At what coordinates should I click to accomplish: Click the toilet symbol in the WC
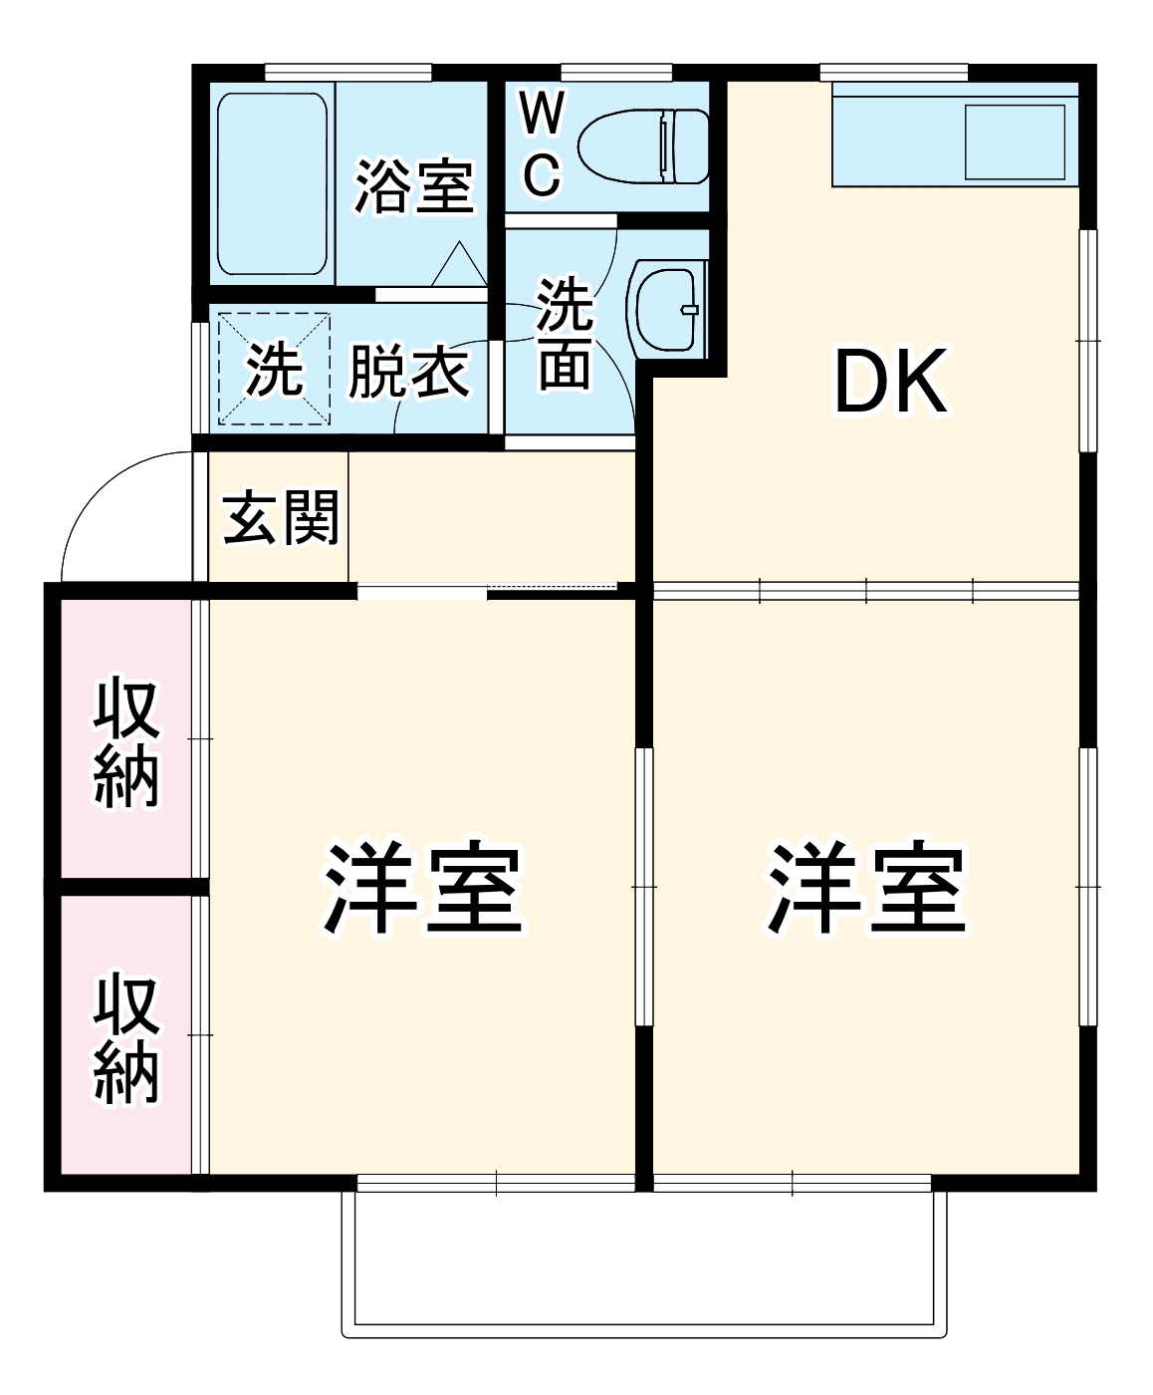click(x=643, y=145)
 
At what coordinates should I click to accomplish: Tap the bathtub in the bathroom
click(x=272, y=184)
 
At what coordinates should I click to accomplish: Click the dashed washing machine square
click(x=274, y=368)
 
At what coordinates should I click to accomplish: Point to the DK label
click(x=890, y=383)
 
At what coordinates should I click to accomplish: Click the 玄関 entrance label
click(x=281, y=518)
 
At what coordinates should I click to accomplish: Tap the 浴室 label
click(x=413, y=186)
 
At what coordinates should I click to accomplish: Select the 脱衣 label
click(x=408, y=373)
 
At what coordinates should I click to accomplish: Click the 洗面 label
click(x=565, y=334)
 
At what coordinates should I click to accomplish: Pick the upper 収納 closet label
click(x=126, y=742)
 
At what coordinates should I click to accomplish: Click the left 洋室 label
click(x=423, y=889)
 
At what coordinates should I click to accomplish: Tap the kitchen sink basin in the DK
click(x=1014, y=141)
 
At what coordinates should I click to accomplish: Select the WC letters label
click(x=542, y=144)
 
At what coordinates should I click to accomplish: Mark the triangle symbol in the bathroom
click(x=459, y=265)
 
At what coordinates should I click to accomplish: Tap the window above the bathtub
click(x=348, y=72)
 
